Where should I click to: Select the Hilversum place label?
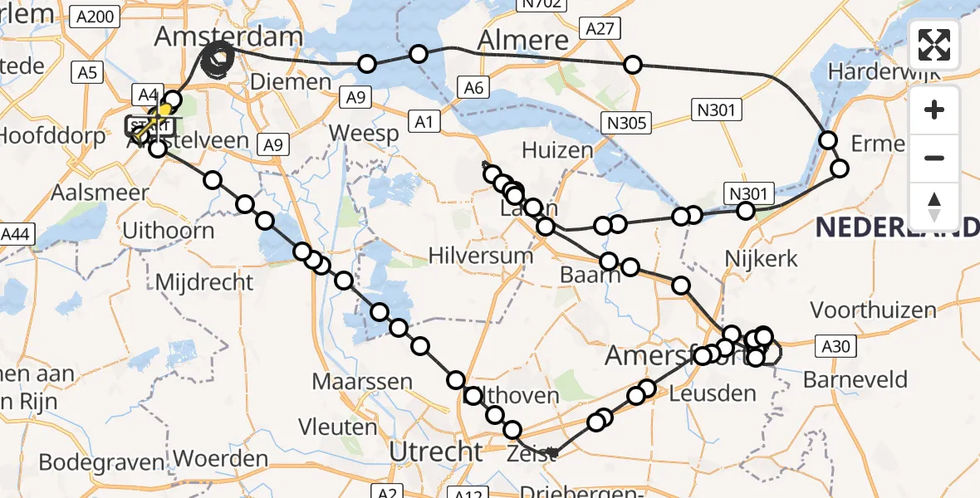coord(481,255)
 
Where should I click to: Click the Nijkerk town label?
coord(762,258)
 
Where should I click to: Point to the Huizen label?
coord(557,150)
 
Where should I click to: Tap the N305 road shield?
coord(627,124)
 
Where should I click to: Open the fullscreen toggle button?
coord(934,45)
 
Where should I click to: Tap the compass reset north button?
coord(934,207)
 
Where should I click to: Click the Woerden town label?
coord(222,458)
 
